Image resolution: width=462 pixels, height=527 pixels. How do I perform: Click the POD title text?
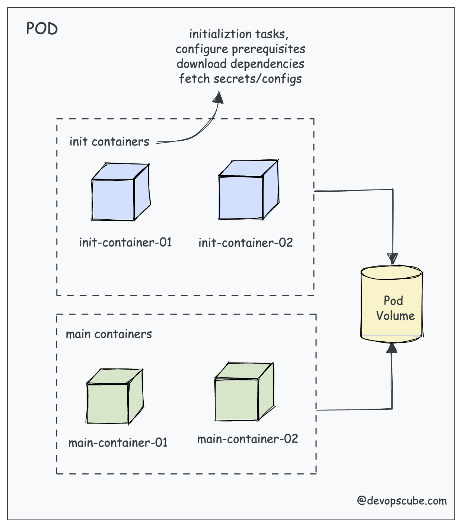(42, 29)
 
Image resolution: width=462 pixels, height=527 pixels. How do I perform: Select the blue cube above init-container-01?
(120, 193)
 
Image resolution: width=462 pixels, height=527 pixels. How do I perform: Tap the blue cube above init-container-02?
(248, 191)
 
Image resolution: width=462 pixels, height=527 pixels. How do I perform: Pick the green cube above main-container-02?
(243, 393)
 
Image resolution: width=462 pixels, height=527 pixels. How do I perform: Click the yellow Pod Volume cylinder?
(392, 303)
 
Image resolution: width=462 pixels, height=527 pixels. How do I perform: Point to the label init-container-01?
(125, 243)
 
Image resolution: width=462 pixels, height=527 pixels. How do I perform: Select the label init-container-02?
(246, 243)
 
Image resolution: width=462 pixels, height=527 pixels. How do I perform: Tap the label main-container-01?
(118, 443)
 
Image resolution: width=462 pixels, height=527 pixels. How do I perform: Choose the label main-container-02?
(248, 439)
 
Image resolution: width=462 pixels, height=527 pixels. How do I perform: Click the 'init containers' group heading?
(109, 142)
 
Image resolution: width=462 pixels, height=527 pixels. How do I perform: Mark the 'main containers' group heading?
(109, 334)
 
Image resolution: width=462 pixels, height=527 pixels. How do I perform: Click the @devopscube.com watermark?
(402, 501)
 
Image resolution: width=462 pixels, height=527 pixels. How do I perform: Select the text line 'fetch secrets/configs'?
(240, 79)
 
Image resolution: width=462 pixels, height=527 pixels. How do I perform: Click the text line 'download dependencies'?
(240, 64)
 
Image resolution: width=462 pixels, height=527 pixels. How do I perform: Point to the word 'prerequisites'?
(268, 49)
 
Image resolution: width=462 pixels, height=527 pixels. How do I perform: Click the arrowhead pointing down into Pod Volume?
(392, 259)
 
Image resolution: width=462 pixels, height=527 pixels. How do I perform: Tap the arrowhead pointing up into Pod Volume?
(392, 348)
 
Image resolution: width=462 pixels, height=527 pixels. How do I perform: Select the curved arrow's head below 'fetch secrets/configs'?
(219, 97)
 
